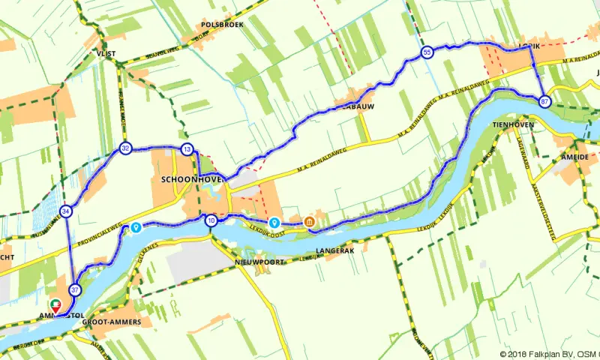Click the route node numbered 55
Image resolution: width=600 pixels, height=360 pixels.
427,52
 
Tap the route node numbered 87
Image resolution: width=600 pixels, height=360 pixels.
544,100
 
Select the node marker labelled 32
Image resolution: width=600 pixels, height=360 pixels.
125,149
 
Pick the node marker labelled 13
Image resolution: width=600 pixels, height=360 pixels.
187,149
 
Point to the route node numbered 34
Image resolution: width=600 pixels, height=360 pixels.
67,211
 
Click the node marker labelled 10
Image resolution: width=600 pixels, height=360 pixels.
211,220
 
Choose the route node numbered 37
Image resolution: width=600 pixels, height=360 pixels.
75,289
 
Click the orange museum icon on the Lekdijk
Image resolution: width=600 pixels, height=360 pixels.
309,222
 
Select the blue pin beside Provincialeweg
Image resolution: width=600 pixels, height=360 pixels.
136,226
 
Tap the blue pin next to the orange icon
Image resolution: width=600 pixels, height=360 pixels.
275,222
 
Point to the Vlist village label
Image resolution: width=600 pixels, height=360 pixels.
104,54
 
